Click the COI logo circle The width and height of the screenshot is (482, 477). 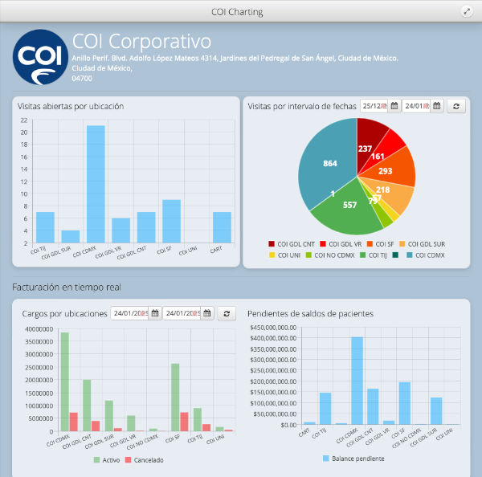point(40,57)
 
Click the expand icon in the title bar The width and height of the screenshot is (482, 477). point(467,11)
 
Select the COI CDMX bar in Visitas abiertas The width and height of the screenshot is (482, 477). point(96,185)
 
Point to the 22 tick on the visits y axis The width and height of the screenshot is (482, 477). point(24,120)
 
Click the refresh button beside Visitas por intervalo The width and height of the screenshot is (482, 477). point(456,106)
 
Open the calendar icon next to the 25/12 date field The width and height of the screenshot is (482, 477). point(394,106)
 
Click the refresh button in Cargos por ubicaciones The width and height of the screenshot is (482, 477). point(227,313)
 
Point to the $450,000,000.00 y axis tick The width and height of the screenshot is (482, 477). point(275,328)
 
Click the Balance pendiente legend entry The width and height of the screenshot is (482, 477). point(353,459)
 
